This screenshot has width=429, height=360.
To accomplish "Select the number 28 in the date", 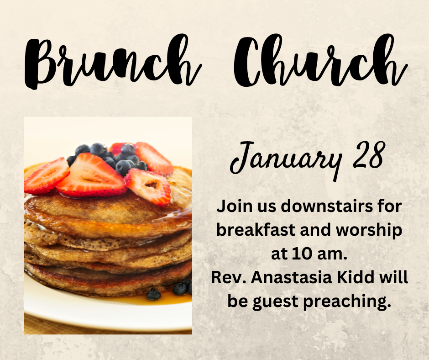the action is coord(368,155).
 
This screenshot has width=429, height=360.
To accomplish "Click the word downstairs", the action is coord(327,206).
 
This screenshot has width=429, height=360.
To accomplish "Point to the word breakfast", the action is coord(256,230).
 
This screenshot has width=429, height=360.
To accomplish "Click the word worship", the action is coord(369,231).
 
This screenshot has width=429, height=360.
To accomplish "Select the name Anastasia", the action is coord(291,277).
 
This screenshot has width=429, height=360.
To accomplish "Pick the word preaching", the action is coord(347,302).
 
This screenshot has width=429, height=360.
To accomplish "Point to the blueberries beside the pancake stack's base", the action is coord(170,291).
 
